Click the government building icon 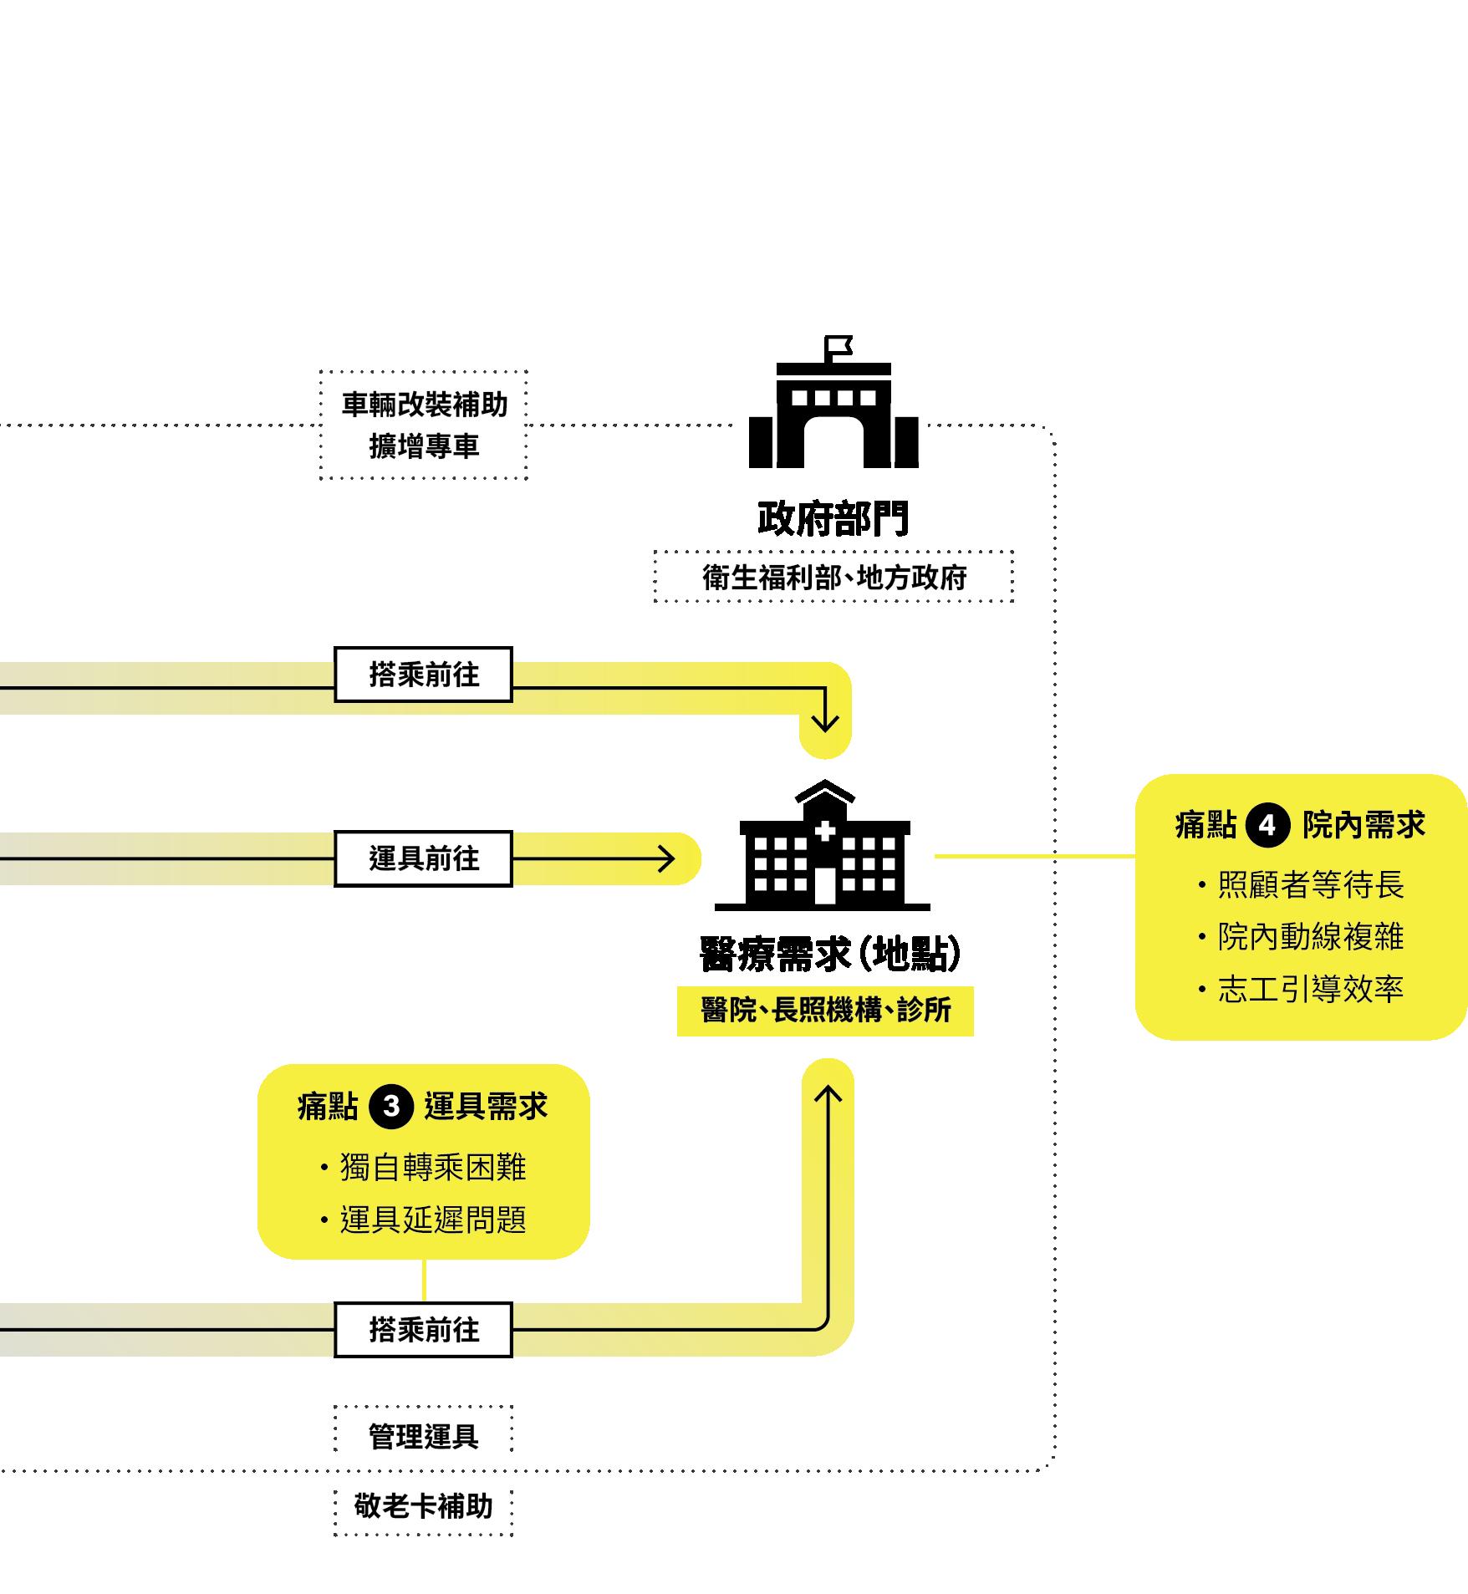pos(833,418)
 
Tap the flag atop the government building pos(838,345)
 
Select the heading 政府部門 pos(833,518)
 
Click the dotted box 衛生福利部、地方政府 pos(833,577)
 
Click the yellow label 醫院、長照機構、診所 pos(825,1011)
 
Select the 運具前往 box pos(423,858)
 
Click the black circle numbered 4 pos(1267,826)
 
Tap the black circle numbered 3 pos(390,1108)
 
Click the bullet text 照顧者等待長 pos(1310,885)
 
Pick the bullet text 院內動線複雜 pos(1310,937)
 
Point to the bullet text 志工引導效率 pos(1310,989)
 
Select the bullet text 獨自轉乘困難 pos(432,1167)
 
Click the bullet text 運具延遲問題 pos(432,1220)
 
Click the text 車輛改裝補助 pos(424,405)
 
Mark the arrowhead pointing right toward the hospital pos(667,858)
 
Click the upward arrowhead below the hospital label pos(828,1092)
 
